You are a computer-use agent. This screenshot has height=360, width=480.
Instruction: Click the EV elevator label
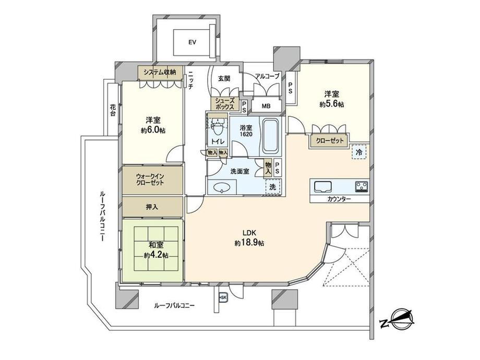tap(192, 42)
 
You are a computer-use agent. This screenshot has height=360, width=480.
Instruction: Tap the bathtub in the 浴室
tap(270, 136)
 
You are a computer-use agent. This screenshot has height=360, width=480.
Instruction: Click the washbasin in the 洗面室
tap(222, 187)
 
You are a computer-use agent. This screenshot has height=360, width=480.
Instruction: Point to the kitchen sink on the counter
tap(322, 186)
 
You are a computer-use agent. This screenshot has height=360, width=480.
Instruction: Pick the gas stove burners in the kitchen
tap(362, 186)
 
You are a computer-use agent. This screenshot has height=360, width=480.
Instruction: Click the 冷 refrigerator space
tap(359, 152)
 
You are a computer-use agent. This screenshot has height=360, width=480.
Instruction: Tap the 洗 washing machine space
tap(273, 187)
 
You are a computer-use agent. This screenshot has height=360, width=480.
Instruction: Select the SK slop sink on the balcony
tap(223, 297)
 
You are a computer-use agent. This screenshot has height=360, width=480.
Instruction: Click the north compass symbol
tap(398, 320)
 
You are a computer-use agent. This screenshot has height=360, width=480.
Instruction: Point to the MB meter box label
tap(266, 106)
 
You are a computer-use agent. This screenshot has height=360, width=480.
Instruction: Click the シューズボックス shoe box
tap(225, 104)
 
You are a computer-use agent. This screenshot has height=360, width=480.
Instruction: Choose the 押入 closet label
tap(152, 207)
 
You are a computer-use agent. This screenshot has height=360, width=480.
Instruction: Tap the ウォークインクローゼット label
tap(150, 179)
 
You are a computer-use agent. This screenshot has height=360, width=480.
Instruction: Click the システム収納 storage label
tap(160, 73)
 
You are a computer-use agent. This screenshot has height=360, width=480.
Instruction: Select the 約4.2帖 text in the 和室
tap(156, 255)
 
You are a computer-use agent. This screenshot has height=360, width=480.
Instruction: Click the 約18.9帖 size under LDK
tap(249, 243)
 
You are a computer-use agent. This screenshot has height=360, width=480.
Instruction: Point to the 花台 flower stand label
tap(113, 110)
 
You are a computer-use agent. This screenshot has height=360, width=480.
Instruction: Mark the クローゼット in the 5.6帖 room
tap(330, 141)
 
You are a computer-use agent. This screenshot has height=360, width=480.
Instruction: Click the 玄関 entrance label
tap(224, 79)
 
